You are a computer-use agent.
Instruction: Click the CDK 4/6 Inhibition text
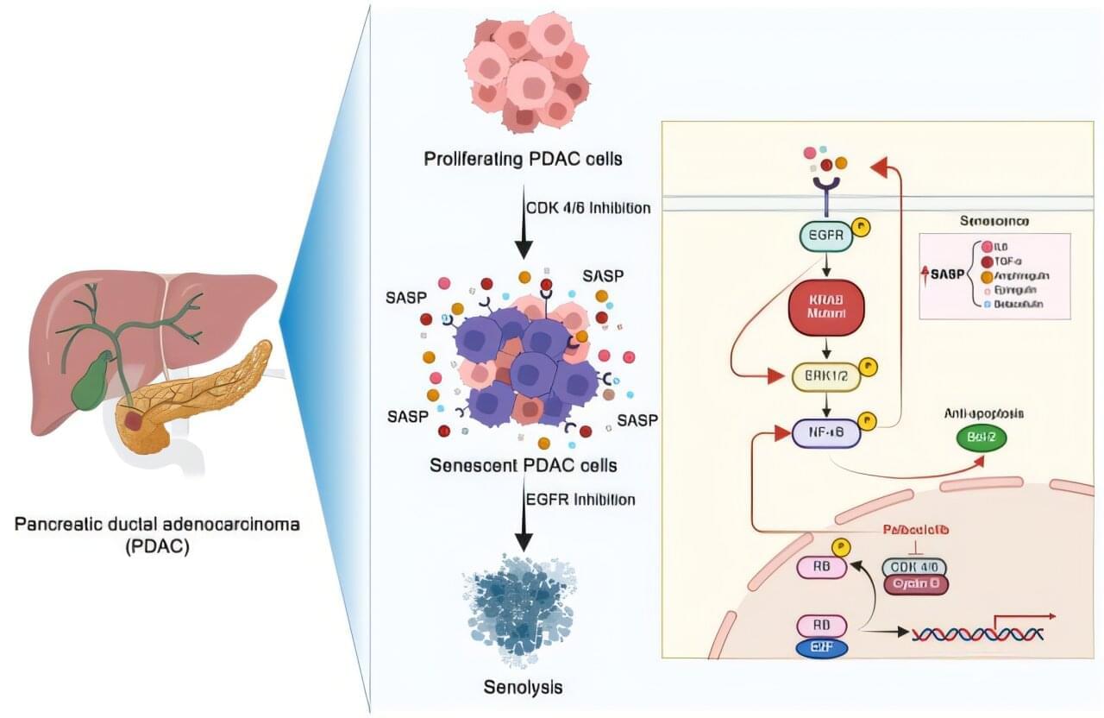[x=588, y=208]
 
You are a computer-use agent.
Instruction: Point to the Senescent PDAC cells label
[x=524, y=466]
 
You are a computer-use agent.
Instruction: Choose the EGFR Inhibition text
[x=580, y=500]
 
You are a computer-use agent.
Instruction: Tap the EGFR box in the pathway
[x=826, y=234]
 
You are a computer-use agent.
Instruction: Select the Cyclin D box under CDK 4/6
[x=915, y=584]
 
